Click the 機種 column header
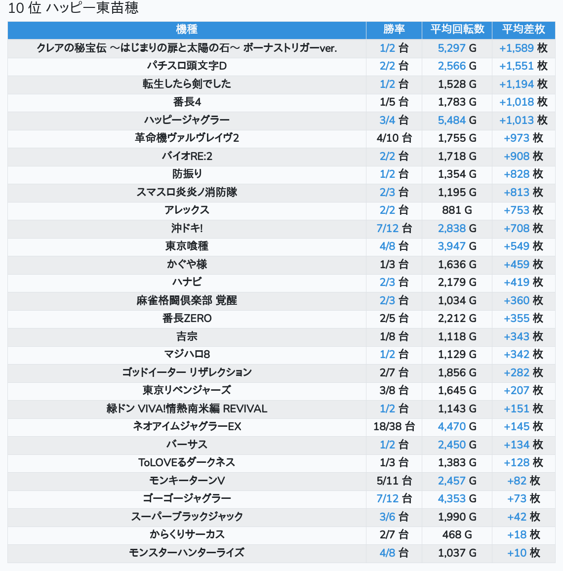[x=187, y=30]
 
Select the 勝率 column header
[x=394, y=30]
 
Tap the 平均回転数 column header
[x=457, y=30]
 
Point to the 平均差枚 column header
[x=523, y=30]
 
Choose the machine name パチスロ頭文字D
[x=187, y=66]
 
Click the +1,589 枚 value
[x=523, y=48]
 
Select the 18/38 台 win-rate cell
[x=394, y=426]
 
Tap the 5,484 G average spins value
[x=457, y=120]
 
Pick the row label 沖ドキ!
[x=187, y=228]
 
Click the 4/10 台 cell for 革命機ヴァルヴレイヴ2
[x=394, y=138]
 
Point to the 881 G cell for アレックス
[x=457, y=210]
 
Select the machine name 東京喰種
[x=187, y=246]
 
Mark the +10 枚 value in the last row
[x=523, y=553]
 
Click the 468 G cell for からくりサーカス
[x=457, y=534]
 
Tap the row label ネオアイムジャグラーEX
[x=187, y=426]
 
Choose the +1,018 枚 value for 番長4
[x=523, y=102]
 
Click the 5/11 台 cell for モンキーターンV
[x=394, y=481]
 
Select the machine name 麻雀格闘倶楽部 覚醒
[x=187, y=300]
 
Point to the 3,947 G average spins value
[x=457, y=246]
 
